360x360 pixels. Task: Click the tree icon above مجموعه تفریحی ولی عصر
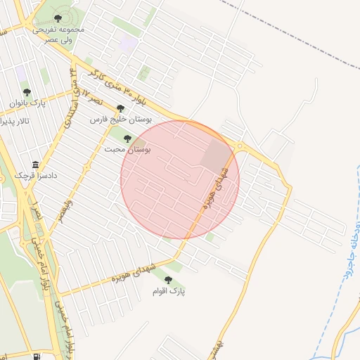tap(58, 18)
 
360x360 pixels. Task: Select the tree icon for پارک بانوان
tap(27, 92)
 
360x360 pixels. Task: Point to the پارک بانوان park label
tap(27, 103)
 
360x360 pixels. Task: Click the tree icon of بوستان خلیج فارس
tap(121, 109)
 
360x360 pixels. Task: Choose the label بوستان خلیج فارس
tap(121, 120)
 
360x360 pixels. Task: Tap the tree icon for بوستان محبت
tap(127, 139)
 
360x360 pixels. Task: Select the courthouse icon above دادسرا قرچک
tap(36, 165)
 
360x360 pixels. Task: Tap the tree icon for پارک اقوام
tap(167, 280)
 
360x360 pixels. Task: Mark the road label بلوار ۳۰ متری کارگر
tap(112, 88)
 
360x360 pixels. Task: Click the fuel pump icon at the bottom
tap(36, 356)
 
